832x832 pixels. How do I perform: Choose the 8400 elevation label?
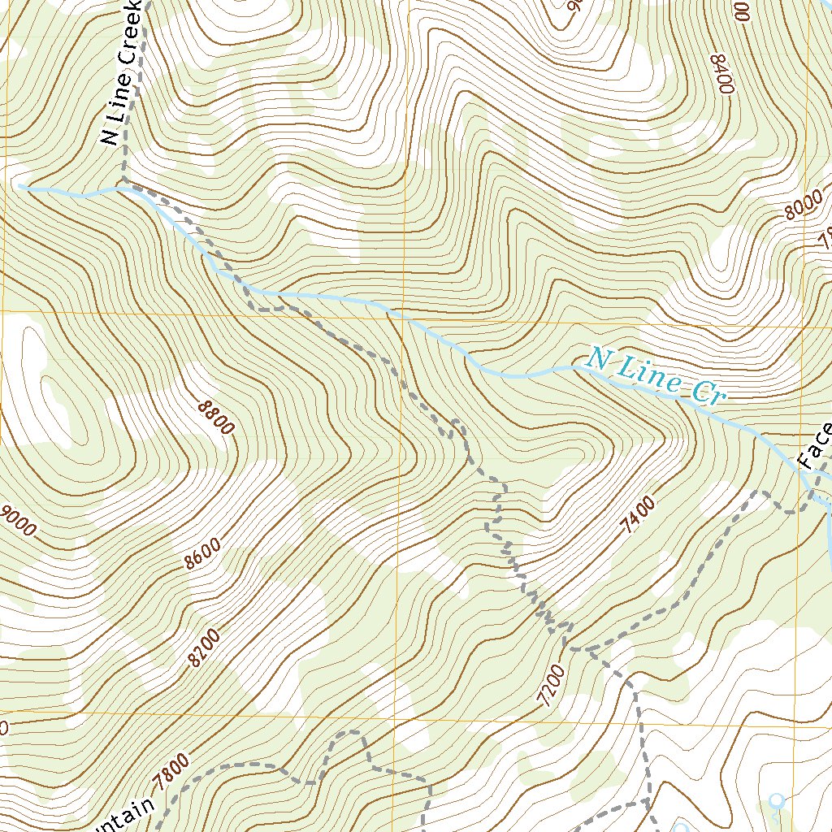(x=722, y=74)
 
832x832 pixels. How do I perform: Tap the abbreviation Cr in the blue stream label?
(x=706, y=393)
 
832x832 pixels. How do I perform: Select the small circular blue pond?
(x=777, y=800)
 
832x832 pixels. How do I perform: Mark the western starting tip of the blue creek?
(x=20, y=187)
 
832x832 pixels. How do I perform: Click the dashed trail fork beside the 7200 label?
(x=569, y=649)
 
